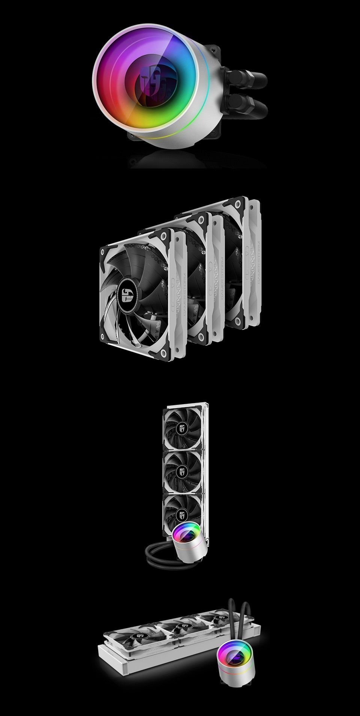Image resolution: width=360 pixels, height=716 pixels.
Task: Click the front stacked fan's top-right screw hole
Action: [x=164, y=235]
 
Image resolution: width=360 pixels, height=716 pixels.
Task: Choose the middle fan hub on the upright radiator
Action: [x=183, y=471]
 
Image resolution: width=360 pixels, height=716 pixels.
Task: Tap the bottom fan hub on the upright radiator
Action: [x=183, y=513]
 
